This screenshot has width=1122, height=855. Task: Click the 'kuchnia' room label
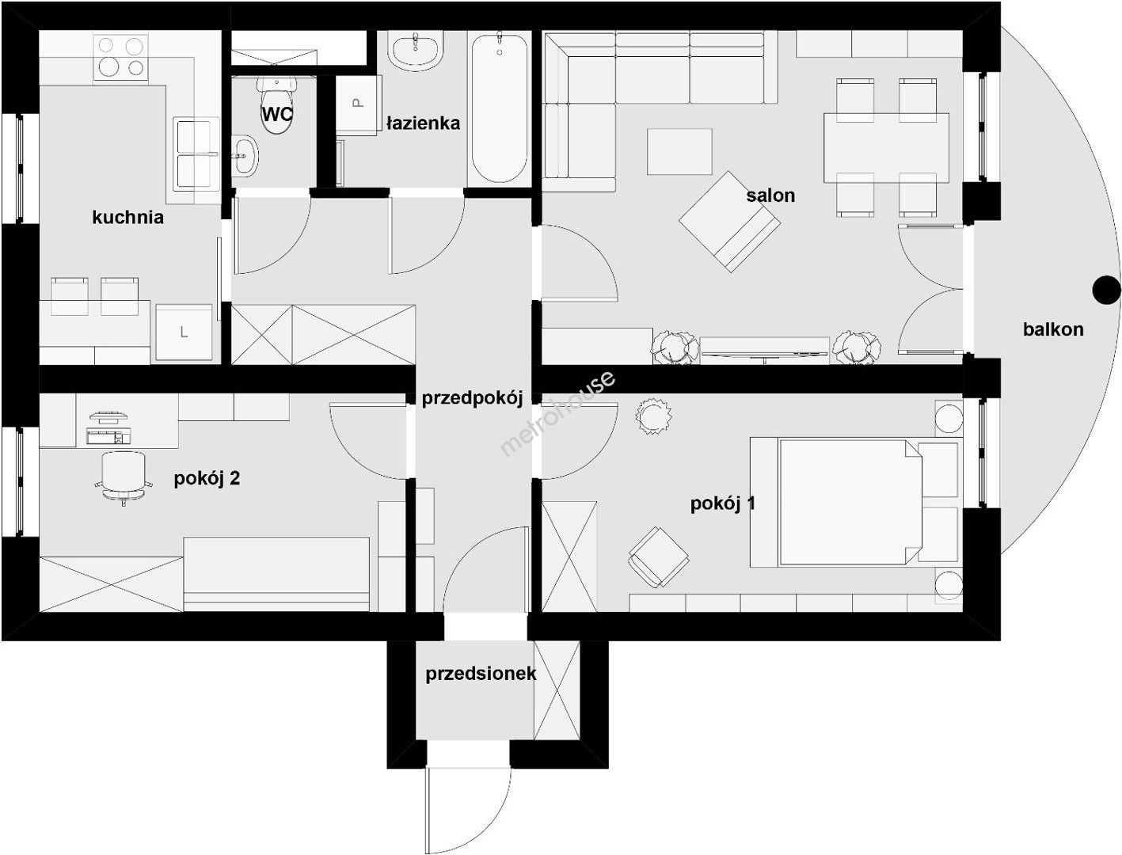127,217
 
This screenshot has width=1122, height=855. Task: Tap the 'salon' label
770,196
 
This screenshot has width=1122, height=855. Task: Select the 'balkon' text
1053,329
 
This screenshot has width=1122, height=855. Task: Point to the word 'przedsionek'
481,674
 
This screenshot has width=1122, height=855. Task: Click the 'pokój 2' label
207,479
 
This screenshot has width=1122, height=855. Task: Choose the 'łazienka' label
424,123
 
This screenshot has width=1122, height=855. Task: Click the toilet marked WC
278,106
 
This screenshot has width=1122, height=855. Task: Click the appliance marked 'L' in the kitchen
184,332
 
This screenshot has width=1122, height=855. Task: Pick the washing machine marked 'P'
359,104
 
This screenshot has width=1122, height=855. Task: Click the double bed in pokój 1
854,502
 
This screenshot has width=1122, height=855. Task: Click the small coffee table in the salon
679,152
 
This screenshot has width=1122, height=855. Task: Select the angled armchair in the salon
729,222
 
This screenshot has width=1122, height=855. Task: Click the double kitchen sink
196,154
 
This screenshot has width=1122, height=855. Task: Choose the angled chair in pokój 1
659,557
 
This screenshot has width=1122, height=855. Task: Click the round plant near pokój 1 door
653,416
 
